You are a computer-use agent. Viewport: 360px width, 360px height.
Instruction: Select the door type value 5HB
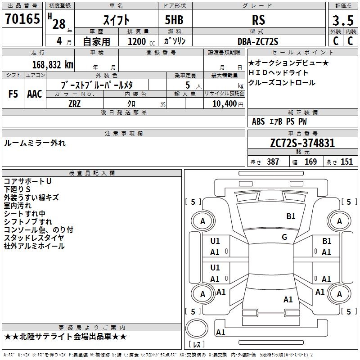click(171, 20)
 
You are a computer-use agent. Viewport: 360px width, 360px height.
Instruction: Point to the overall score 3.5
click(342, 21)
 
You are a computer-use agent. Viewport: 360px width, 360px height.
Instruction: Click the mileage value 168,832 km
click(53, 64)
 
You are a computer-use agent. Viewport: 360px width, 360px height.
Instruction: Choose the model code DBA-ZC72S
click(258, 41)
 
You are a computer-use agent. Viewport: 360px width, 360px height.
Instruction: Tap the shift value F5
click(13, 94)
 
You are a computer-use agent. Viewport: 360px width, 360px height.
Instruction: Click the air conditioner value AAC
click(34, 94)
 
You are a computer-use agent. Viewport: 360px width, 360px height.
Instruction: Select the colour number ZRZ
click(75, 103)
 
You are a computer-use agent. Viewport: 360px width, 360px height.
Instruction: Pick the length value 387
click(273, 162)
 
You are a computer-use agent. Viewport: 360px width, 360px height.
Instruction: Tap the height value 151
click(346, 162)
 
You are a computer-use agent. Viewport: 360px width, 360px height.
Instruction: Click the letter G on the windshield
click(284, 237)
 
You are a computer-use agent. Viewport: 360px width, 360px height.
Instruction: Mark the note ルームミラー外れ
click(35, 143)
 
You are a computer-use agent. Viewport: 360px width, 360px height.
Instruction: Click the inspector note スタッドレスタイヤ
click(34, 238)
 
